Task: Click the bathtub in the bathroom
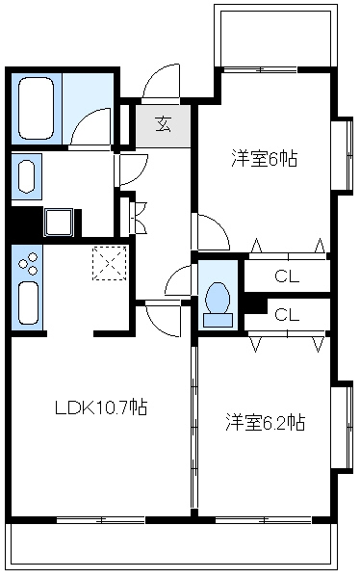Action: [37, 108]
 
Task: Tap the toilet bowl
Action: [219, 298]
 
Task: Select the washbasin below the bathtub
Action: [27, 176]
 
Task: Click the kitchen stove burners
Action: [28, 264]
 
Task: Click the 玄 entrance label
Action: [164, 124]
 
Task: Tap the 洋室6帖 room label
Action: [264, 159]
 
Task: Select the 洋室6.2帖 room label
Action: [266, 423]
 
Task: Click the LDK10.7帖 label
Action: [101, 407]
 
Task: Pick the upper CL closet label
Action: [287, 276]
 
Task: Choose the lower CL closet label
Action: [287, 314]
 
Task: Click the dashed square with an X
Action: [110, 263]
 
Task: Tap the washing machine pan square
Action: [59, 222]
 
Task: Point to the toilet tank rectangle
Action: [219, 321]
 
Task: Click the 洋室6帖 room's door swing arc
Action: [219, 225]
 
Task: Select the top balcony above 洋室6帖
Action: [276, 36]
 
